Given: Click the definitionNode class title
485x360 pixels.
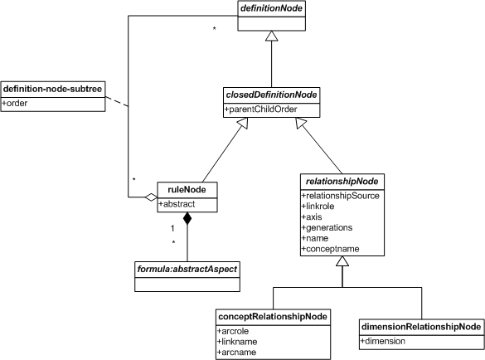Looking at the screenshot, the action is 271,8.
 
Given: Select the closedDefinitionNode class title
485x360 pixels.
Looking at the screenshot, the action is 271,95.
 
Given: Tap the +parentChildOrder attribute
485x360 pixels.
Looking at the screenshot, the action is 261,109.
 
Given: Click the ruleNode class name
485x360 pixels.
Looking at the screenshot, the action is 187,189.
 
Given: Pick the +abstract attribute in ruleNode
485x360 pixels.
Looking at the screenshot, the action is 177,204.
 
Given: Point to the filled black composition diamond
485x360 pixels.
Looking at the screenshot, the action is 187,218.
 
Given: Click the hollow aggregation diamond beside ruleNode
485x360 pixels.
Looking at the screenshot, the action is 151,197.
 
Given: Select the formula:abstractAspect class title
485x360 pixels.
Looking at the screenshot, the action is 187,270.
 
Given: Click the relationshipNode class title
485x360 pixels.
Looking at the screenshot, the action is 342,182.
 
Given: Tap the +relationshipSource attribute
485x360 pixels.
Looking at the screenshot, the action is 341,196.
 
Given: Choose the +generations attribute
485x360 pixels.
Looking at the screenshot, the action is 327,228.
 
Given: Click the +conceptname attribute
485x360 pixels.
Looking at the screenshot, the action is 330,249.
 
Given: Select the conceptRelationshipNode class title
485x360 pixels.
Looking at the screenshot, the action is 273,317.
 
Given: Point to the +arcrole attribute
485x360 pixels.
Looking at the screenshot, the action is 233,331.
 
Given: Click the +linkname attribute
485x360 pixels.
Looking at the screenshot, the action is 237,342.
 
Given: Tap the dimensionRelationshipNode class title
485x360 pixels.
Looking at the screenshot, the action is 421,327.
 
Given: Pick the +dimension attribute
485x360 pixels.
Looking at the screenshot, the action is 383,341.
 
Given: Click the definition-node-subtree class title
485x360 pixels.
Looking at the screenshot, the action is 52,89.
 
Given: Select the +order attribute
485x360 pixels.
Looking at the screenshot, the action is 15,103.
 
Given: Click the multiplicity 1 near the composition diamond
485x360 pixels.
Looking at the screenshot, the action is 172,228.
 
